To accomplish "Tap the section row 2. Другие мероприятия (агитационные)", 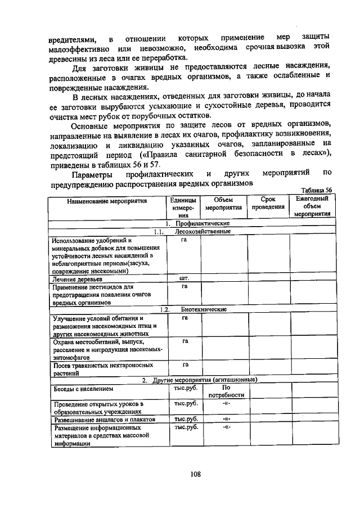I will (199, 380).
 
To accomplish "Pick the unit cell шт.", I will (183, 278).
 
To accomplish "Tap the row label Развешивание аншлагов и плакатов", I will (101, 420).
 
